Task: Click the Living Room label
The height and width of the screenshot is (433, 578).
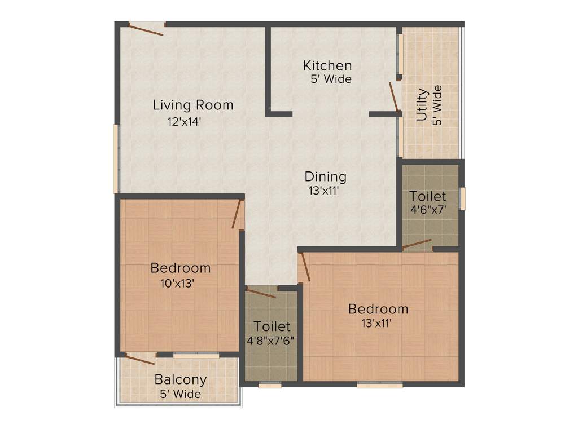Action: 193,105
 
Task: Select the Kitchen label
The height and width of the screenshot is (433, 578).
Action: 327,65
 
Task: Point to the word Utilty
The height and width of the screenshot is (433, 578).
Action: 422,105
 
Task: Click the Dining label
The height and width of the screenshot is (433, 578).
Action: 326,176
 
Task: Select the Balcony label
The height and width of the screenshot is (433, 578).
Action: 181,379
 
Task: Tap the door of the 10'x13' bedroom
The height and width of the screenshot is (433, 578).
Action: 238,214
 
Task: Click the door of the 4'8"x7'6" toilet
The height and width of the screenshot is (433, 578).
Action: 261,293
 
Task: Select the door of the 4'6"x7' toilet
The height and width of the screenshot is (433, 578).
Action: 417,244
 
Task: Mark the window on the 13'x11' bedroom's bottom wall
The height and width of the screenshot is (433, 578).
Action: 380,386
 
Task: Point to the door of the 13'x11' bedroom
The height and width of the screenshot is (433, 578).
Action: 305,267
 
